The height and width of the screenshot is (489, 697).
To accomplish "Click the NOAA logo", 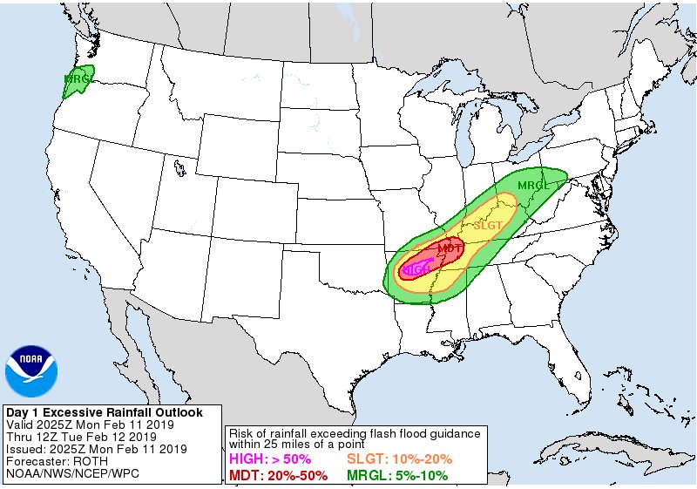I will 31,371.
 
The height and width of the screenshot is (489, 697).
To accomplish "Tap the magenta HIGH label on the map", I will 416,269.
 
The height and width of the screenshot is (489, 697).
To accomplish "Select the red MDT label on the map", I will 449,249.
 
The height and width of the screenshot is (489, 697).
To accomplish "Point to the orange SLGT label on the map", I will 487,226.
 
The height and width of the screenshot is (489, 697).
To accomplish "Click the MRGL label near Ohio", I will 533,186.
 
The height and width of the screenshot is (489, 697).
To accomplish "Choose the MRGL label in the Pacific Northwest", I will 78,79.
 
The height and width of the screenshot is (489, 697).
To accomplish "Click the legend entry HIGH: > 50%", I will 269,459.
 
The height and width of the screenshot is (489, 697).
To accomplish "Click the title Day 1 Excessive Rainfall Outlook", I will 104,412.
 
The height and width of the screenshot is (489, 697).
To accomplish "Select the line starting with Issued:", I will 96,449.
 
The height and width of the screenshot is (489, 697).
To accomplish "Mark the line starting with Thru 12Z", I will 81,437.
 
